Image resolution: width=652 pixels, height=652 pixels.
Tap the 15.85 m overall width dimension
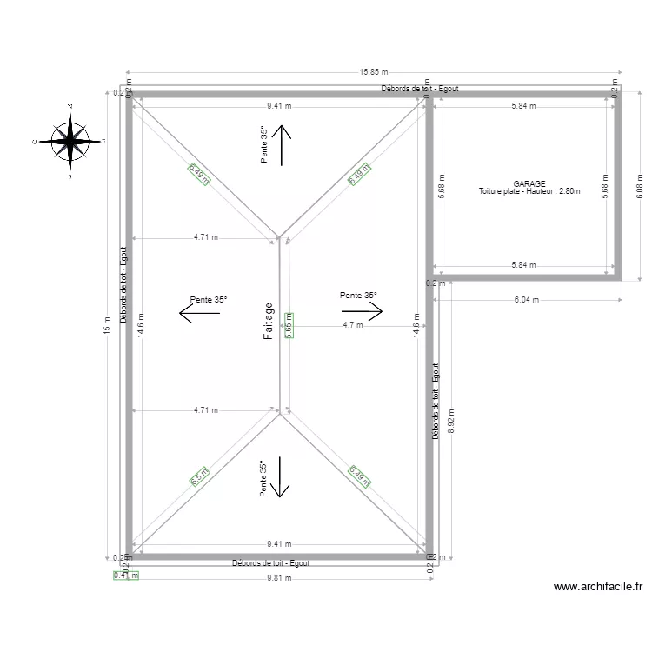tap(375, 73)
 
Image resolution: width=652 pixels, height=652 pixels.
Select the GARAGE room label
tap(529, 183)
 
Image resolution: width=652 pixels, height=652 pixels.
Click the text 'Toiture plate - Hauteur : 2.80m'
tap(529, 191)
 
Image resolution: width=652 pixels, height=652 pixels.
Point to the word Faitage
tap(269, 322)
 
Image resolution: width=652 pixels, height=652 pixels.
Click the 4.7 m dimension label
tap(353, 325)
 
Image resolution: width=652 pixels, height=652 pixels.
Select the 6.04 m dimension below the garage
tap(527, 300)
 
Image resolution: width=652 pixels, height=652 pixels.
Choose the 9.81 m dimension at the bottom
tap(280, 578)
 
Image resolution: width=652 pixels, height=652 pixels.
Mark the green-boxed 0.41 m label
tap(126, 575)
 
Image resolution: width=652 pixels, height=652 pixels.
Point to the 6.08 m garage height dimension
tap(641, 185)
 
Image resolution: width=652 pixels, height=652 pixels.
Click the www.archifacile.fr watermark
tap(597, 588)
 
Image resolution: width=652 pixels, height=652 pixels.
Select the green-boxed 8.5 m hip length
tap(196, 477)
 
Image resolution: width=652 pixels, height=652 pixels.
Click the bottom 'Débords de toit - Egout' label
tap(270, 563)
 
